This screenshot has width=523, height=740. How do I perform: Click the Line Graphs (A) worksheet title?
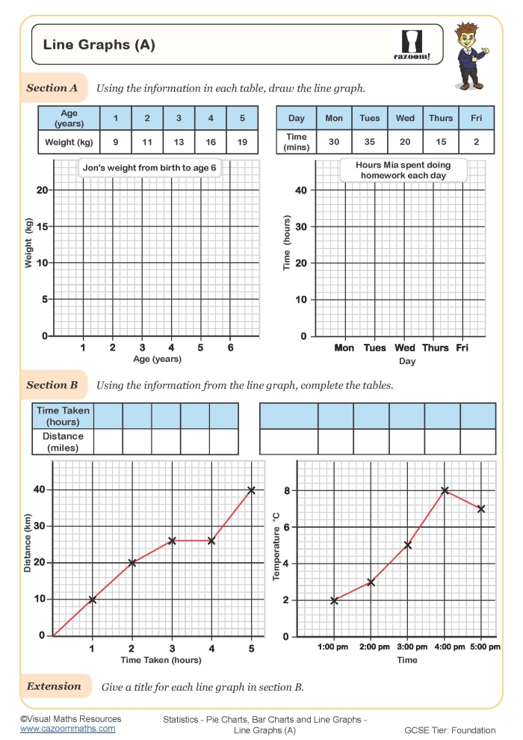click(99, 45)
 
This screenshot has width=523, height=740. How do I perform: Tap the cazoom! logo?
click(412, 44)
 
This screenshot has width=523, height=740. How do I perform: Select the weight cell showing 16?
click(211, 142)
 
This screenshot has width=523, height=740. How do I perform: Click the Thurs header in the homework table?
click(441, 118)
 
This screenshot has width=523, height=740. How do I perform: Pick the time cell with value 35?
click(370, 142)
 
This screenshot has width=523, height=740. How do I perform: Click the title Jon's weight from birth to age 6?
click(149, 168)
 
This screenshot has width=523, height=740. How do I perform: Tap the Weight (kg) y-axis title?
click(29, 244)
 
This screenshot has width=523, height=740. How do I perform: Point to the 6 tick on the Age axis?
click(230, 348)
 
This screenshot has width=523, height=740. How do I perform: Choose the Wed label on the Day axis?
click(405, 348)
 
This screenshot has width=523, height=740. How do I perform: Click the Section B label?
click(52, 386)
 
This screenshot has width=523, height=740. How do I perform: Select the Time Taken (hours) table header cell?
click(63, 416)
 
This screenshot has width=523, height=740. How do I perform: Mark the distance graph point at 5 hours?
click(251, 490)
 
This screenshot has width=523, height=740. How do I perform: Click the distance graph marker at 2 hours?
click(132, 563)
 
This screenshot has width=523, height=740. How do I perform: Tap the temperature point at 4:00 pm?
click(445, 491)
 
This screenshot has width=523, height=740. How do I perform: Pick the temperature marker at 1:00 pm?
click(334, 600)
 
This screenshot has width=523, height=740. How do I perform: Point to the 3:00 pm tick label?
click(407, 647)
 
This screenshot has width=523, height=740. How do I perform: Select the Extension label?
click(54, 686)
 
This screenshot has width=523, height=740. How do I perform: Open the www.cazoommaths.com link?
click(68, 729)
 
